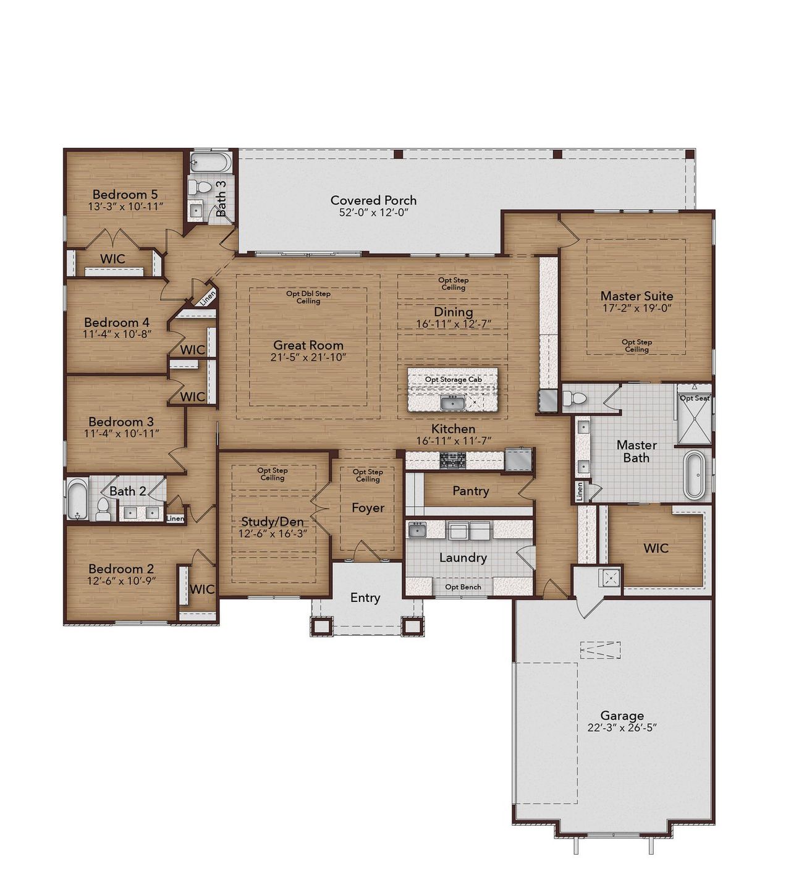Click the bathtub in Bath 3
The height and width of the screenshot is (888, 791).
point(211,163)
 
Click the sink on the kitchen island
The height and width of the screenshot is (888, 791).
point(453,404)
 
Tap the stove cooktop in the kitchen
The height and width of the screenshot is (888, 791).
point(453,459)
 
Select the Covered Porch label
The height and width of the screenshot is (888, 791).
point(373,200)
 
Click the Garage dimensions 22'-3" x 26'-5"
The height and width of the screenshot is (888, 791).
point(622,728)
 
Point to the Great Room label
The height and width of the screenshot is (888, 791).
point(308,345)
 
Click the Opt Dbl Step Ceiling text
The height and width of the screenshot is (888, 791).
point(308,297)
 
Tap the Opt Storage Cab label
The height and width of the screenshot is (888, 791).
point(453,379)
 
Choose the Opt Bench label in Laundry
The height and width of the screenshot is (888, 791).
point(463,587)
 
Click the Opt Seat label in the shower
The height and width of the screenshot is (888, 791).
point(694,399)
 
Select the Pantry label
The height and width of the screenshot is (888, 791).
point(470,491)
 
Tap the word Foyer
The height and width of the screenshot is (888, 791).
point(368,508)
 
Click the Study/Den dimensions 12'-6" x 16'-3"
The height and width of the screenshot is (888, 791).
point(273,533)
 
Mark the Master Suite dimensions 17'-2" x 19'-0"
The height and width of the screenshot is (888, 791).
point(637,308)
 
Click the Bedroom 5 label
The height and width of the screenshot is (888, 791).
point(125,194)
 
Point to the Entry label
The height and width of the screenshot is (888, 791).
point(365,598)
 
